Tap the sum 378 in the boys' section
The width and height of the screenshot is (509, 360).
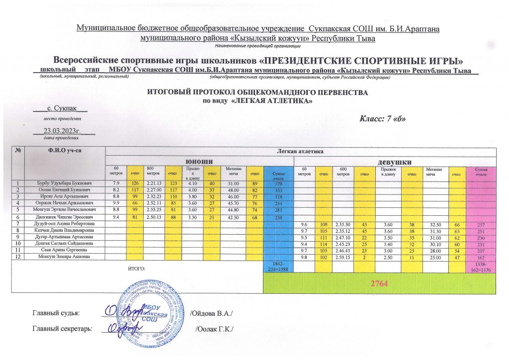(x=279, y=183)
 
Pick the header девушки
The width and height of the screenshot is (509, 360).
(x=395, y=162)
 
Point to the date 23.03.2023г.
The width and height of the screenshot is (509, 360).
(x=62, y=131)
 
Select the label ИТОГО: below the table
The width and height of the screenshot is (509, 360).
(x=136, y=268)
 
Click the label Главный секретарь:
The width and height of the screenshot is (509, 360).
(x=62, y=329)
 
